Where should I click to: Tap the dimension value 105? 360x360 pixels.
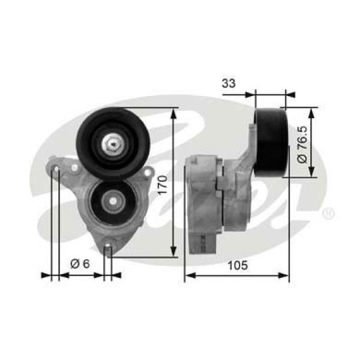point(238,265)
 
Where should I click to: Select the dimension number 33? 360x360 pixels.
point(228,83)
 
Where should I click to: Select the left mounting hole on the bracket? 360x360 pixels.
point(56,169)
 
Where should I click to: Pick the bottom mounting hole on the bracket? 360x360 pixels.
point(108,248)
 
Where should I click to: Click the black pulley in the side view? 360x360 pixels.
point(271,143)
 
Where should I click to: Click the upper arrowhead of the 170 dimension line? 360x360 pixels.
point(173,112)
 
